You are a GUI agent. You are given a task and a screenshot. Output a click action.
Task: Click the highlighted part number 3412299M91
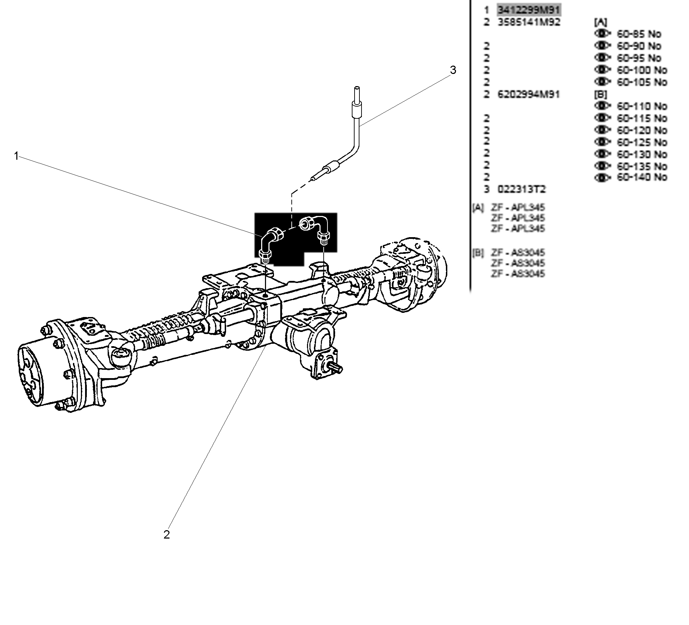529,10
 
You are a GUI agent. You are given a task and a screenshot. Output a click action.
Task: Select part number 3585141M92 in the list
529,22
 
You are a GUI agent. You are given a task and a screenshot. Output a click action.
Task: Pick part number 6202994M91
529,94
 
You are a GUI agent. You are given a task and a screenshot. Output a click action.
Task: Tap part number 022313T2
522,190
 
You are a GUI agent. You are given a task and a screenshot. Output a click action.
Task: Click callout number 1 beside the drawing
16,156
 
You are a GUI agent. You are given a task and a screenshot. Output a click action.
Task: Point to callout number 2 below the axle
167,535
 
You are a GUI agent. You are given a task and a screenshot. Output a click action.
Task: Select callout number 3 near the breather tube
453,70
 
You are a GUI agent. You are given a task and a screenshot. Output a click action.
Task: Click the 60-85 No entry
639,34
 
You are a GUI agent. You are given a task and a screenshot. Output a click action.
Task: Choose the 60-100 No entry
642,70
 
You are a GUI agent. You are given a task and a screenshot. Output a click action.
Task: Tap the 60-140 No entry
642,177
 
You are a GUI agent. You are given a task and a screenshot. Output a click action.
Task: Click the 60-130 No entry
642,154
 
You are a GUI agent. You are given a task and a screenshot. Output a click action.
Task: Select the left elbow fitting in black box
271,243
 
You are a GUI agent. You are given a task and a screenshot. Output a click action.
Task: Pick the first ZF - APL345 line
518,208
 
